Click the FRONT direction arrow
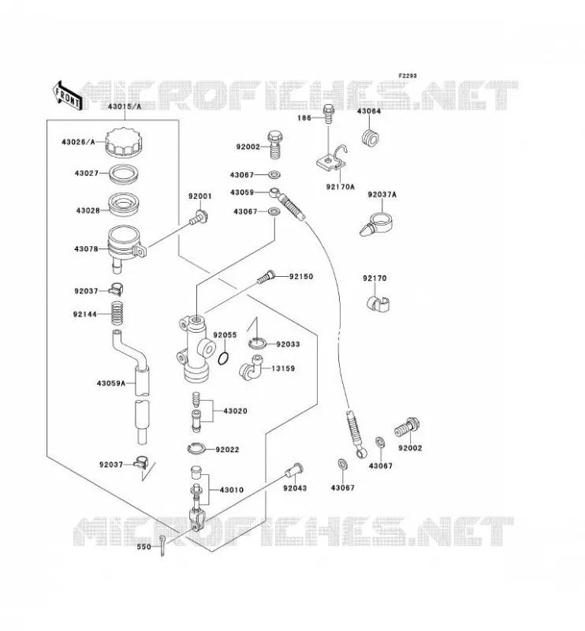point(66,95)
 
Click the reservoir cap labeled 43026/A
point(124,141)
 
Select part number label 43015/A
point(125,106)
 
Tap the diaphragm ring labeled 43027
point(125,174)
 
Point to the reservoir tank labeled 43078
point(125,246)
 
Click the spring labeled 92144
point(117,313)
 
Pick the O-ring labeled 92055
point(224,358)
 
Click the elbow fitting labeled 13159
point(250,368)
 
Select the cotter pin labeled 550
point(162,545)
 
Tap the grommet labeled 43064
point(369,137)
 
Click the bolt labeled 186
point(329,114)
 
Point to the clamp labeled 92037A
point(377,225)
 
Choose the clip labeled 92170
point(378,304)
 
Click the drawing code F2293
point(408,76)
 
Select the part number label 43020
point(235,411)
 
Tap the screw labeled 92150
point(266,278)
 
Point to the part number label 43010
point(231,490)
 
